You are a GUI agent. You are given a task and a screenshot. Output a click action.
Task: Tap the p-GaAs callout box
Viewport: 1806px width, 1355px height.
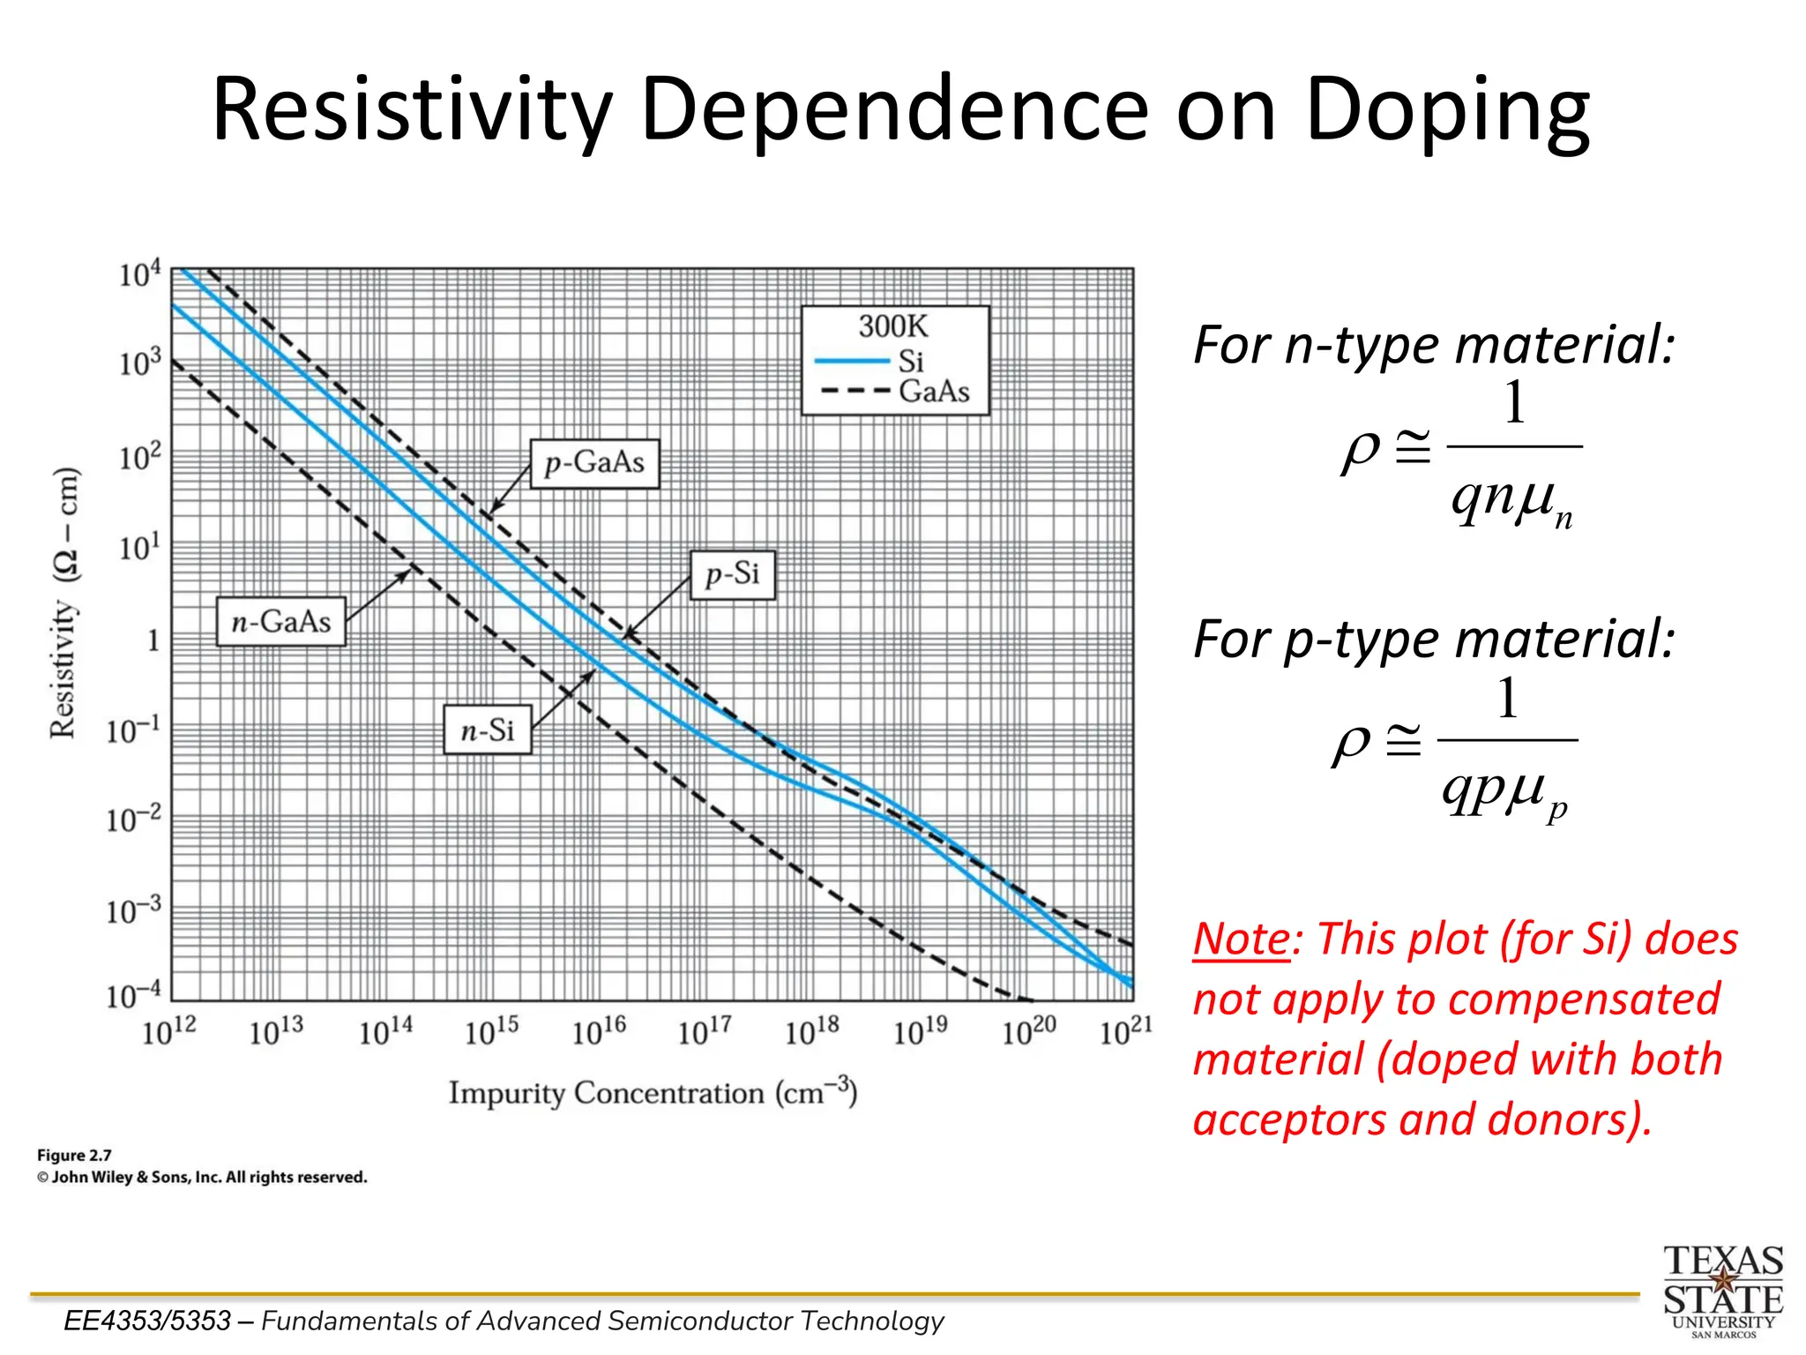click(595, 463)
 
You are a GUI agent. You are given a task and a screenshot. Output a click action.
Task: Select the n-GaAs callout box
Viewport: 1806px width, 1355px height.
click(281, 622)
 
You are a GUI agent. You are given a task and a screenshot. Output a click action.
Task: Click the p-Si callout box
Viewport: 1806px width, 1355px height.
click(732, 574)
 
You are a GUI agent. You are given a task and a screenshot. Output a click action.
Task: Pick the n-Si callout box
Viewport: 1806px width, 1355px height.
click(488, 730)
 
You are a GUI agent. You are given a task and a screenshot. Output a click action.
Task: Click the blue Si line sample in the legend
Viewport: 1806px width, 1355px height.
click(851, 361)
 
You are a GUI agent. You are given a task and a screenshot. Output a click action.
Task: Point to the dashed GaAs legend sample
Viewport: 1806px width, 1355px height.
click(854, 391)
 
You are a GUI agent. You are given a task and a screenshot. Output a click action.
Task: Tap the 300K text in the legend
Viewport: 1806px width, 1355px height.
click(893, 326)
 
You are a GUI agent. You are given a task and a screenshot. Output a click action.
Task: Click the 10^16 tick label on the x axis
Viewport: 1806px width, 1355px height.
click(599, 1030)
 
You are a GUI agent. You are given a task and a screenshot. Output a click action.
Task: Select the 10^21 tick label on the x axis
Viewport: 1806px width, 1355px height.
click(1125, 1030)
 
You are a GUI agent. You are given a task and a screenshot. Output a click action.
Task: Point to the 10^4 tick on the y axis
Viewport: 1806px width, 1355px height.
click(140, 274)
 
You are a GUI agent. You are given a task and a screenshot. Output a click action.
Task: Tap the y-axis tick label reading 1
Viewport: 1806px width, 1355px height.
click(153, 640)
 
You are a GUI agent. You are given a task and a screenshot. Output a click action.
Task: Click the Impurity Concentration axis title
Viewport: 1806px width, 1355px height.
click(653, 1092)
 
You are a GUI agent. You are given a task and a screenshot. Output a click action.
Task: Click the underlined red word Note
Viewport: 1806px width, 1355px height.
click(1241, 939)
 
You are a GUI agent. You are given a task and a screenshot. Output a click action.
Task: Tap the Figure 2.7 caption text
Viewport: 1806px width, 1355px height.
click(74, 1155)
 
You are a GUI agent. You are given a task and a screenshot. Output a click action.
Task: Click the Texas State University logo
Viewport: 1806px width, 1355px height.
click(1723, 1290)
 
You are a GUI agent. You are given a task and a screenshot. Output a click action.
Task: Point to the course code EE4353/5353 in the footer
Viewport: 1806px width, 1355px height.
click(147, 1321)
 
